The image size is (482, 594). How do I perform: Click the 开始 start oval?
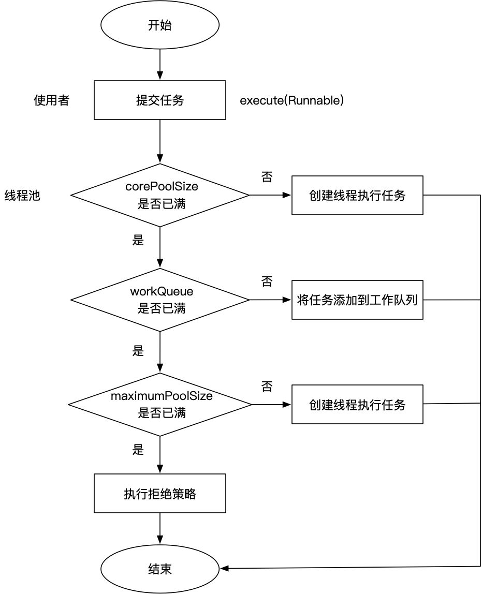point(159,26)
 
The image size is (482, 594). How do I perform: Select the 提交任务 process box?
point(159,100)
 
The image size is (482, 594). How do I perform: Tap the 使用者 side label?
point(51,100)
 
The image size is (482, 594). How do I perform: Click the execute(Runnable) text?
point(291,100)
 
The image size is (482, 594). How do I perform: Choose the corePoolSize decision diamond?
point(160,196)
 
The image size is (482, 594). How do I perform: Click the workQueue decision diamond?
point(160,300)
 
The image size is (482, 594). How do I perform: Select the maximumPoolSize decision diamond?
point(160,404)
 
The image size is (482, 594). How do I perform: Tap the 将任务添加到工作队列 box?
point(357,300)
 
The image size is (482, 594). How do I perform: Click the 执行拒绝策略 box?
point(159,493)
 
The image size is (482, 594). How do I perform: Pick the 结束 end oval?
point(159,569)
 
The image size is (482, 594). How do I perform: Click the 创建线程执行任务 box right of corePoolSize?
point(357,196)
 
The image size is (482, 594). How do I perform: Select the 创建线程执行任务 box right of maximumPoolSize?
point(357,404)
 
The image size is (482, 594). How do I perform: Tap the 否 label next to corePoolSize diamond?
point(267,177)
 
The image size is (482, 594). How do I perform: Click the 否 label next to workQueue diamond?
point(267,281)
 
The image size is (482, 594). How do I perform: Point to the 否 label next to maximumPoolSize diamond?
point(267,386)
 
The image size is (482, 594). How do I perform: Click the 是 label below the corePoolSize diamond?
point(138,240)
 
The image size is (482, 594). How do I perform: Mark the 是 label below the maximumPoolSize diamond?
point(138,449)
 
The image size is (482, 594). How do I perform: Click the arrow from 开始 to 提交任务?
point(159,63)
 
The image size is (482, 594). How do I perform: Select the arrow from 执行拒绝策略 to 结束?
point(159,531)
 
